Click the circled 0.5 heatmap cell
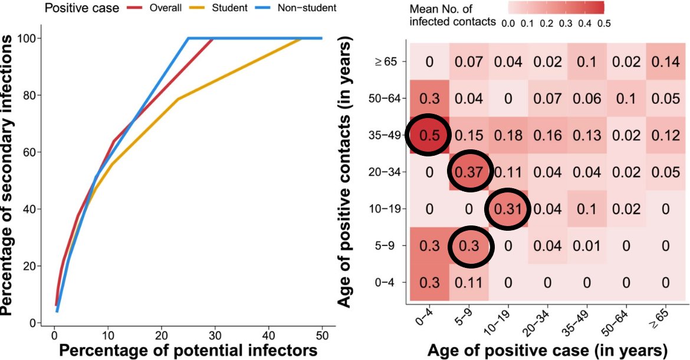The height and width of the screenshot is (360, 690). pos(429,135)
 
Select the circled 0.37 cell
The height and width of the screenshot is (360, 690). pos(469,172)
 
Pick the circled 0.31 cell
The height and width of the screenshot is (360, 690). pos(508,210)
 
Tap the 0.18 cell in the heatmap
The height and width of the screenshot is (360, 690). pos(508,135)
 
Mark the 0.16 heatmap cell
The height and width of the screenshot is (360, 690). pos(547,135)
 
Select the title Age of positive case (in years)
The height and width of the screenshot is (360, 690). pos(547,349)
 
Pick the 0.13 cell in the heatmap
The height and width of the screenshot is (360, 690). pos(586,135)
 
